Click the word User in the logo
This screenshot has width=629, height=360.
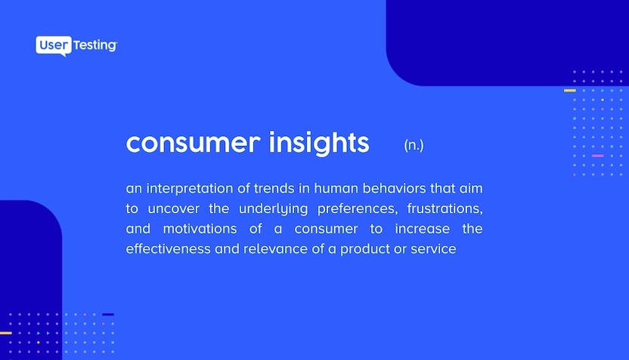[x=54, y=45]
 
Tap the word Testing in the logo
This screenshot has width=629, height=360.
[x=95, y=45]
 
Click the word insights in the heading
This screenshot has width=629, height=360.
[x=319, y=143]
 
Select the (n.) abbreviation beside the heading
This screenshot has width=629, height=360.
[x=414, y=145]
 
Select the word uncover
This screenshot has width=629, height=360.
[x=173, y=209]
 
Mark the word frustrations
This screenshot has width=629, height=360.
[x=445, y=209]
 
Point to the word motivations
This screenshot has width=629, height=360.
[x=200, y=228]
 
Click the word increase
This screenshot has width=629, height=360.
[x=423, y=228]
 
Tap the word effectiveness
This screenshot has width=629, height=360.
[x=168, y=249]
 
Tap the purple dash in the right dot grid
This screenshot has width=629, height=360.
[x=598, y=156]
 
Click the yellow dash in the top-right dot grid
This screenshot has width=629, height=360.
[x=570, y=91]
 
